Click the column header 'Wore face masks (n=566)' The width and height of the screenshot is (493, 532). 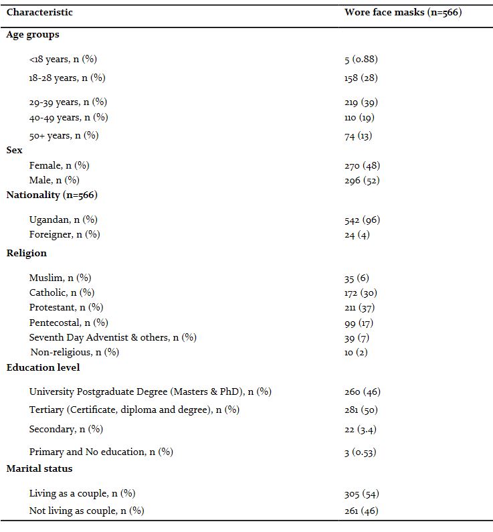[x=403, y=12]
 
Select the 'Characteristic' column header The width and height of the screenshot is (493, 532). [x=39, y=12]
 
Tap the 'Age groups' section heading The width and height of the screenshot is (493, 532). [x=33, y=34]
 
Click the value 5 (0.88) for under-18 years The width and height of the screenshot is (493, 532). [x=361, y=59]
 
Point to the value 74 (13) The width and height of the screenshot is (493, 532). [x=358, y=135]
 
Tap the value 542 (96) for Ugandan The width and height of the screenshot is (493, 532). [x=362, y=219]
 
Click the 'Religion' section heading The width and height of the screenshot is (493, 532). [x=27, y=253]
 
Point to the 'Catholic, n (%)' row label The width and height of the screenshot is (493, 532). [x=62, y=292]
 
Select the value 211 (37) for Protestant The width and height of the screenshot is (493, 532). [x=359, y=307]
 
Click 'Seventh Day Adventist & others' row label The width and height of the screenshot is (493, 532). [x=112, y=337]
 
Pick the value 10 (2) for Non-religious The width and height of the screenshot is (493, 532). [x=356, y=352]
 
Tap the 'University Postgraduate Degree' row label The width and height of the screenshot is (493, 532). [x=150, y=391]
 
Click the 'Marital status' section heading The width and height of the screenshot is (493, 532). [x=39, y=468]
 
